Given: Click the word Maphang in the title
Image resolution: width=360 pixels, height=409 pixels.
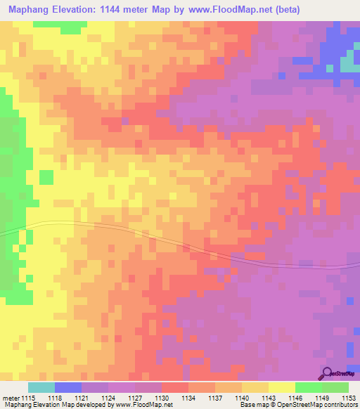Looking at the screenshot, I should tap(29, 10).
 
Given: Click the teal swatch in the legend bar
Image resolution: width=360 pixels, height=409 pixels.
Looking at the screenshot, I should tap(41, 387).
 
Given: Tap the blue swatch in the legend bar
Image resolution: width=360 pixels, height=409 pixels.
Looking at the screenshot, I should tap(68, 387).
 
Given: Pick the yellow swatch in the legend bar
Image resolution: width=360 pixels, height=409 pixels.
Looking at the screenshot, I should tap(282, 387).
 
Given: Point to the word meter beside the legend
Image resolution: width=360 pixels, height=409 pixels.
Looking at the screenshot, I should tap(9, 397).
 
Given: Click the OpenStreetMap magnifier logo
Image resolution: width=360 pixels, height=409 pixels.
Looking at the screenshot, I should tap(328, 373).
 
